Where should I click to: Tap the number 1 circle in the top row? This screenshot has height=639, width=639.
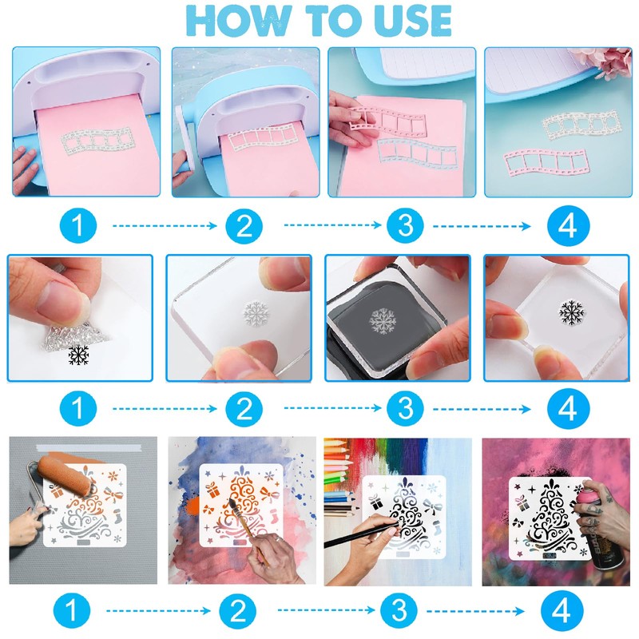[78, 226]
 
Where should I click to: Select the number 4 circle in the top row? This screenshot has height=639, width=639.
[568, 226]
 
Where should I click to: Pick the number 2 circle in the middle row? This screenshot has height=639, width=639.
[244, 409]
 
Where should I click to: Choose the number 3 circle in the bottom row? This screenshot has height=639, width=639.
[399, 611]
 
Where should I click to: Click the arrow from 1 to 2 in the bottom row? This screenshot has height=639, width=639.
[158, 611]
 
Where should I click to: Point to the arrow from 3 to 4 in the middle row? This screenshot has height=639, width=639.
[482, 409]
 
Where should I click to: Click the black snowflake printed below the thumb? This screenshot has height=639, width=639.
[78, 355]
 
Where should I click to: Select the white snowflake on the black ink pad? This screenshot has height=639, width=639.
[383, 321]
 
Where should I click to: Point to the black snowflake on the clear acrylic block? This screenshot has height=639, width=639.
[571, 313]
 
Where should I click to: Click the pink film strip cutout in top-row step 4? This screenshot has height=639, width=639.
[546, 163]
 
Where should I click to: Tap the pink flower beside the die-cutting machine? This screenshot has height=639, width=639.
[607, 62]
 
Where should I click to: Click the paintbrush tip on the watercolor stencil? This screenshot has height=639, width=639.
[232, 502]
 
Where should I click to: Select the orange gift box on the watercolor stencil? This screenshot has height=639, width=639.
[212, 490]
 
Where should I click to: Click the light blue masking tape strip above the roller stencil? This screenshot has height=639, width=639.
[89, 448]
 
